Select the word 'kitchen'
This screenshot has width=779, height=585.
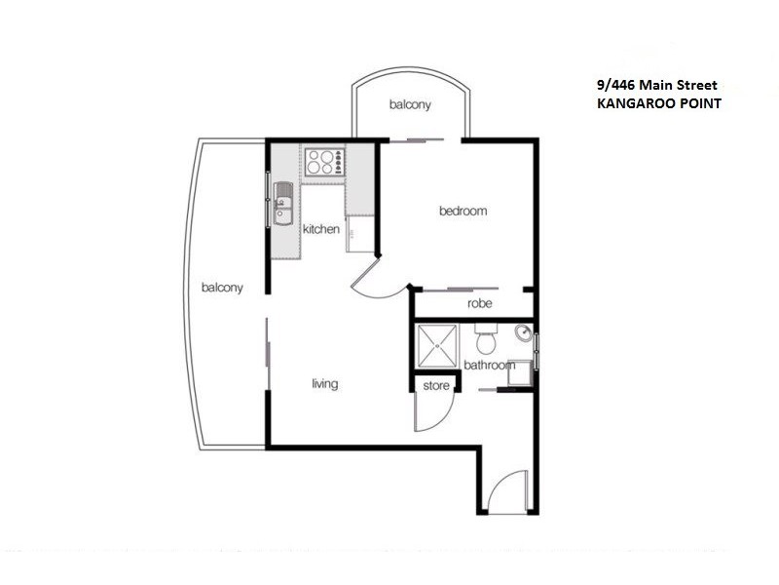pos(321,230)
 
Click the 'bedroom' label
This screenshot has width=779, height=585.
pos(463,211)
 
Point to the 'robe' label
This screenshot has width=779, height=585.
pos(479,304)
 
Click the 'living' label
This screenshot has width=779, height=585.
pos(324,384)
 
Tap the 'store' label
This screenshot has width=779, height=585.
pos(436,386)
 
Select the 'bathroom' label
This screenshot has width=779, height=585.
pos(488,366)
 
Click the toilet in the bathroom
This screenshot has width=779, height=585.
pos(486,341)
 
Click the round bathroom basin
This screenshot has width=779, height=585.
pos(523,333)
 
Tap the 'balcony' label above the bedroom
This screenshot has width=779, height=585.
pos(410,105)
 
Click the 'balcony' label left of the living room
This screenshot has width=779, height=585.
pos(222,288)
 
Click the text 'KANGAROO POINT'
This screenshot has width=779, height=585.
pos(659,102)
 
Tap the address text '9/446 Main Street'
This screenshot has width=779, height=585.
pos(658,85)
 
